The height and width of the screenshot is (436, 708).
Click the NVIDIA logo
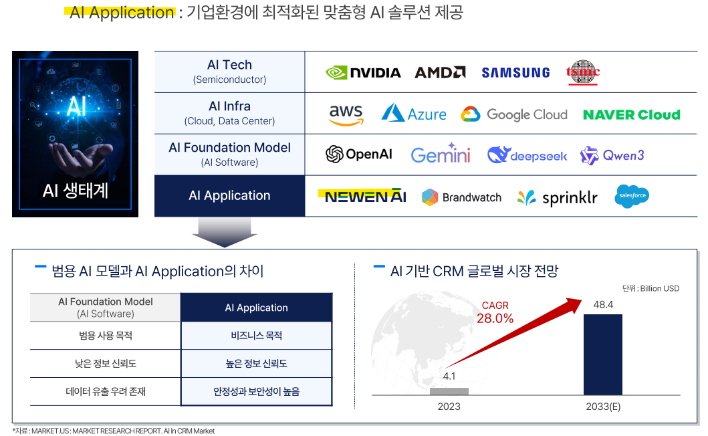point(363,72)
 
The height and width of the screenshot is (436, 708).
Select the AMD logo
point(440,72)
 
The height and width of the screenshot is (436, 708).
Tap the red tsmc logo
point(583,72)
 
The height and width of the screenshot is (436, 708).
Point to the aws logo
point(346,114)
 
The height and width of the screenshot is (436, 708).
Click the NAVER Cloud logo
point(631,114)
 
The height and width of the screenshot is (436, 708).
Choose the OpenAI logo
point(358,154)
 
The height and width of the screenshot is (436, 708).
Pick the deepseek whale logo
point(527,155)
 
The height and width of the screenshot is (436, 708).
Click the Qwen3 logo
point(612,155)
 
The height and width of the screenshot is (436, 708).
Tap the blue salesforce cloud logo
point(632,196)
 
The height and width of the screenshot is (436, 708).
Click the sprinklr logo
point(557,197)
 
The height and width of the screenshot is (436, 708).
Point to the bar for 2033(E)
point(602,354)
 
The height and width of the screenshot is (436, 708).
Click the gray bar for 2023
point(449,391)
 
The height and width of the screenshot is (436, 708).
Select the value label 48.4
point(603,305)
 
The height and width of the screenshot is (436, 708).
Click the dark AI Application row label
point(229,196)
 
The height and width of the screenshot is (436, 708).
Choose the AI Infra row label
point(229,114)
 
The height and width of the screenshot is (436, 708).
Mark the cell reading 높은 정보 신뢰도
point(256,363)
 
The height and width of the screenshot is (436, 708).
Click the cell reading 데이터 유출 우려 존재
point(106,391)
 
